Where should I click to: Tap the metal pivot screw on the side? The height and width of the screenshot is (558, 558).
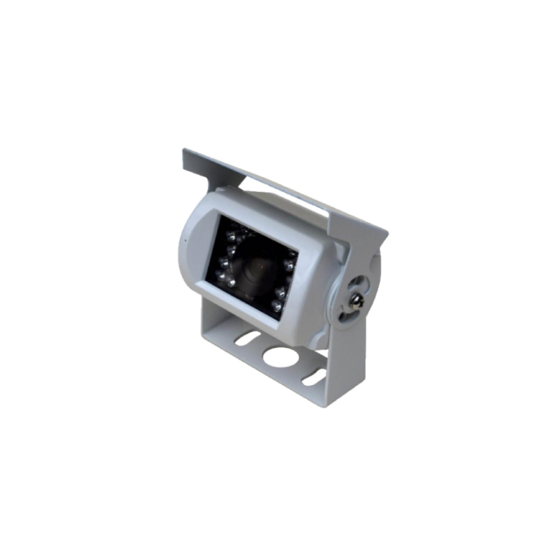357,300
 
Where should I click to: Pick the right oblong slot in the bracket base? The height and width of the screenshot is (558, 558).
313,377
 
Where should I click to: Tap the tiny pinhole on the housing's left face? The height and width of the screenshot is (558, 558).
186,241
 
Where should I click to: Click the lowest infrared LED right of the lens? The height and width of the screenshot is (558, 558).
277,306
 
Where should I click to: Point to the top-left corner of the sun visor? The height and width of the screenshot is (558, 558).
184,151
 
